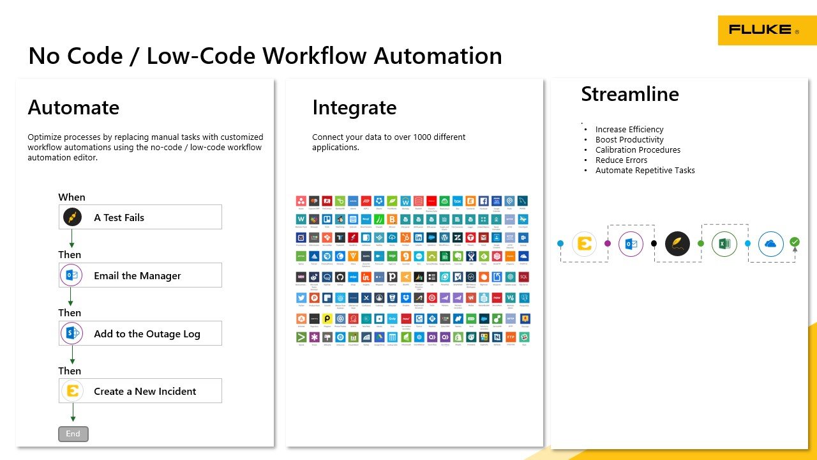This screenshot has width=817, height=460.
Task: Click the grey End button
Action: [x=73, y=434]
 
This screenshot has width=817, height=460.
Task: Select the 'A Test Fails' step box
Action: [x=140, y=217]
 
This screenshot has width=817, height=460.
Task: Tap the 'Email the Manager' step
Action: [x=140, y=275]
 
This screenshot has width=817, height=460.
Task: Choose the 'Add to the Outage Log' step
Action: [x=140, y=333]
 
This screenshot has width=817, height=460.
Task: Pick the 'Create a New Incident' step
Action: [x=140, y=391]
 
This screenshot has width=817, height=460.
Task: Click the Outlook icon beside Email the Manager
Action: [x=71, y=275]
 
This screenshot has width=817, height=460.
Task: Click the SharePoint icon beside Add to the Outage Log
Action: [x=71, y=333]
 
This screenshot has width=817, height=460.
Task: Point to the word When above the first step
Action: [x=71, y=197]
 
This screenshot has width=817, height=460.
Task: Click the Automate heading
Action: [x=73, y=107]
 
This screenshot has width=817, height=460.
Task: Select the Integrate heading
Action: [x=354, y=107]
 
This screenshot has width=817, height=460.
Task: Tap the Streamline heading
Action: [x=629, y=94]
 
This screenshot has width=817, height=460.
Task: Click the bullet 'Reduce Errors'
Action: [x=621, y=160]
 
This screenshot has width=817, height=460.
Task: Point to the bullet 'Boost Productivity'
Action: [x=629, y=140]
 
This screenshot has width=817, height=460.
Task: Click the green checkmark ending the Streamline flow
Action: [x=795, y=242]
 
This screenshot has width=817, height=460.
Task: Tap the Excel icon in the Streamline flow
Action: [x=724, y=243]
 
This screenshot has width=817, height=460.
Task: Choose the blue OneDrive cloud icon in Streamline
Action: [x=771, y=243]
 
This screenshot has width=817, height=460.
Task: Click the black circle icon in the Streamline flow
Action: [x=677, y=243]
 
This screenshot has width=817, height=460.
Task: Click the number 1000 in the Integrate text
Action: [x=434, y=137]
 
